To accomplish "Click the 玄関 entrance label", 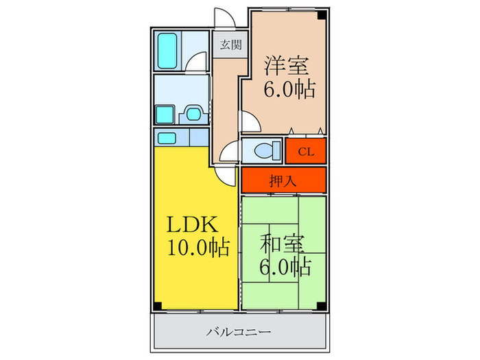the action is pyautogui.click(x=231, y=45).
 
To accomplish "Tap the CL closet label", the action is pyautogui.click(x=306, y=152).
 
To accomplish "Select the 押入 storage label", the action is pyautogui.click(x=283, y=180).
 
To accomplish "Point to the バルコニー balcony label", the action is pyautogui.click(x=239, y=332).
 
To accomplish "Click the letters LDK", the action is pyautogui.click(x=193, y=224).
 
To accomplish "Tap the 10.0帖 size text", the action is pyautogui.click(x=198, y=248).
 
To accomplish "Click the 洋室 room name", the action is pyautogui.click(x=286, y=66).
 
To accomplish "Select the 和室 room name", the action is pyautogui.click(x=282, y=244).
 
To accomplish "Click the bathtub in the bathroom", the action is pyautogui.click(x=167, y=51).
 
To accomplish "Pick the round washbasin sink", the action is pyautogui.click(x=194, y=115).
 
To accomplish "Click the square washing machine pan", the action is pyautogui.click(x=165, y=115).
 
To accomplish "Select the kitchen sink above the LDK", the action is pyautogui.click(x=167, y=139).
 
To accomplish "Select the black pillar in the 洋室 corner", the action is pyautogui.click(x=322, y=14).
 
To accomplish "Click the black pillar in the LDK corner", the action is pyautogui.click(x=158, y=305).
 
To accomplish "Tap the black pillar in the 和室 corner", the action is pyautogui.click(x=321, y=305).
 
